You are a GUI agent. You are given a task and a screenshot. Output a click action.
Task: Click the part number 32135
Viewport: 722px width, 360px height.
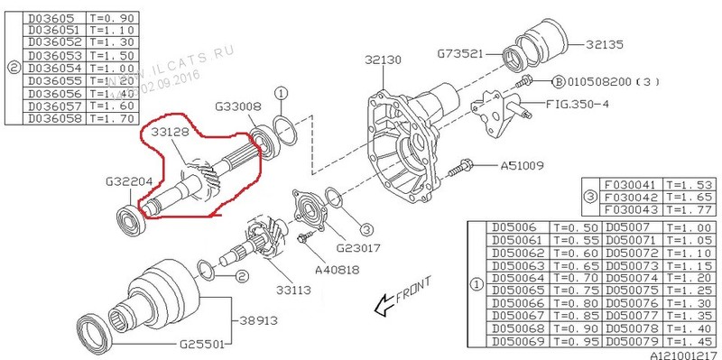[604, 42]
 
